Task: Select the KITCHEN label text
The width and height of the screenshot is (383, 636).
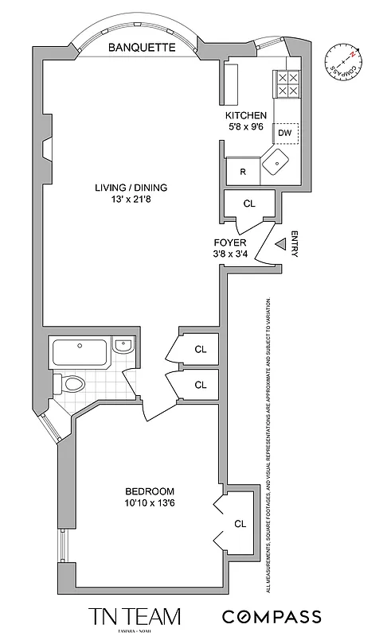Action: tap(246, 115)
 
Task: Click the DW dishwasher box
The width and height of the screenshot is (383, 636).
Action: tap(285, 133)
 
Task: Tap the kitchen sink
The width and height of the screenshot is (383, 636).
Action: tap(279, 161)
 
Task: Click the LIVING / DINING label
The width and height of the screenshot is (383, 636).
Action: tap(131, 188)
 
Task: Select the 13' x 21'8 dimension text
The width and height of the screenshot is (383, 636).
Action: tap(131, 200)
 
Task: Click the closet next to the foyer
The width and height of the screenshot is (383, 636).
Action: tap(249, 204)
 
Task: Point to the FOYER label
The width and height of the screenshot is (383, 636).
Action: tap(229, 242)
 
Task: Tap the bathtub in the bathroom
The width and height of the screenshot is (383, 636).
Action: tap(80, 351)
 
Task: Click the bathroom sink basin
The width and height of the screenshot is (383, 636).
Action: tap(124, 346)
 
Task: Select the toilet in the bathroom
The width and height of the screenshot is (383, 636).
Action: tap(69, 384)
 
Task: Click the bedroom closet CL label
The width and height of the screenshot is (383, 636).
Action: tap(240, 523)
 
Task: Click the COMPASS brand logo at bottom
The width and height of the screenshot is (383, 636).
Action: tap(272, 617)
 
